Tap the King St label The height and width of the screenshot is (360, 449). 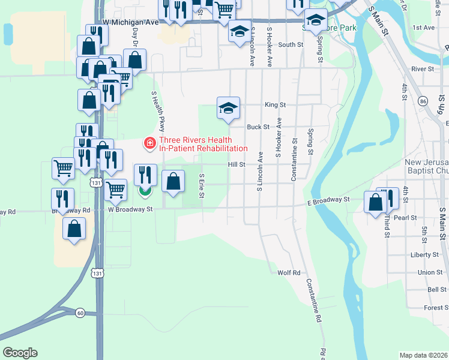[275, 104]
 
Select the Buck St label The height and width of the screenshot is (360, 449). [257, 127]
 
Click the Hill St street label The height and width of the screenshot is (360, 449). [236, 164]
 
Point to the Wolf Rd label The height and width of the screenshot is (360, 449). [288, 272]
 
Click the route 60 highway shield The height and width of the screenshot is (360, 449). [80, 313]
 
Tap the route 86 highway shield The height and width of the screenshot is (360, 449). [423, 101]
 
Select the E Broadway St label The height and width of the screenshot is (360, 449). [328, 200]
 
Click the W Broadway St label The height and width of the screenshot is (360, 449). [131, 210]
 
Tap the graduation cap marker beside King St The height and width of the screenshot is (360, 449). [228, 109]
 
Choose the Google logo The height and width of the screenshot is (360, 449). [20, 352]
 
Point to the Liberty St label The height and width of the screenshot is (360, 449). [424, 254]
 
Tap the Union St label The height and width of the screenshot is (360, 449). [430, 272]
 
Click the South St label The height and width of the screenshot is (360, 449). [290, 44]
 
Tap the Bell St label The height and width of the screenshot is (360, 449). [437, 290]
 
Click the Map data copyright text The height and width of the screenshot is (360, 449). [423, 355]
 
